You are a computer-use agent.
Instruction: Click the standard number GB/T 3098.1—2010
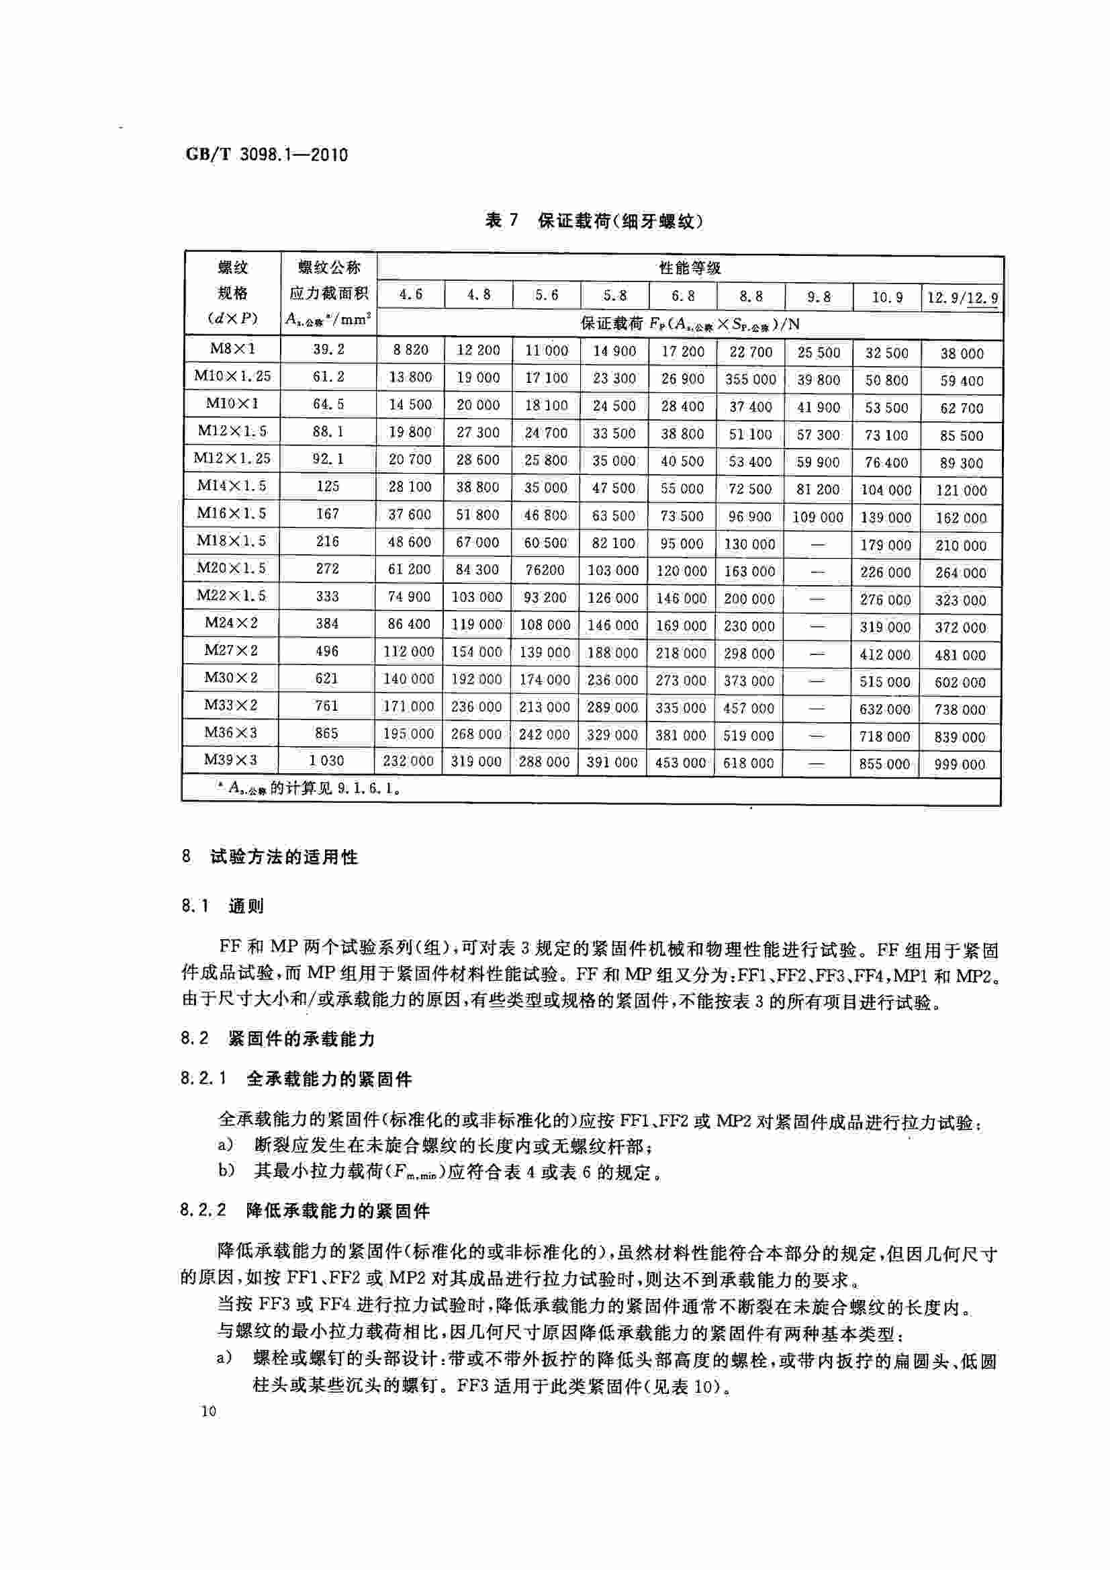click(x=267, y=155)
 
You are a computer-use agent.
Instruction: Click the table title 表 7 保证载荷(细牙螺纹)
click(x=594, y=221)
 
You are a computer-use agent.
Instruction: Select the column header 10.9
click(x=886, y=297)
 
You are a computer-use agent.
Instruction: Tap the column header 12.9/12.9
click(x=962, y=298)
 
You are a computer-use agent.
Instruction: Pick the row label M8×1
click(x=232, y=349)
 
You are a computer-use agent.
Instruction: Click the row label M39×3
click(x=231, y=760)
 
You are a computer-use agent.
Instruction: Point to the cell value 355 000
click(x=750, y=379)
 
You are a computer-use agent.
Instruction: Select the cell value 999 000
click(x=960, y=765)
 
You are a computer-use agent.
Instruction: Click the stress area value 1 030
click(x=327, y=760)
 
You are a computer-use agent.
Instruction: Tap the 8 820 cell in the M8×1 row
click(x=410, y=350)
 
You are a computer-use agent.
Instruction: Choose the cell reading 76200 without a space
click(x=545, y=570)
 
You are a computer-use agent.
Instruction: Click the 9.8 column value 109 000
click(x=817, y=517)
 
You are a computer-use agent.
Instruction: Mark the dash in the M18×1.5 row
click(x=817, y=545)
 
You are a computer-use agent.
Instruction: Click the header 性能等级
click(x=689, y=268)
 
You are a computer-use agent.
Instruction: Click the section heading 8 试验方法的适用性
click(x=270, y=857)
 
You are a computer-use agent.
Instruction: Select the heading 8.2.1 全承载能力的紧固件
click(x=296, y=1079)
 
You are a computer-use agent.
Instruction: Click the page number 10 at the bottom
click(x=208, y=1411)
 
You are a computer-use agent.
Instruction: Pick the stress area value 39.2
click(x=328, y=349)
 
